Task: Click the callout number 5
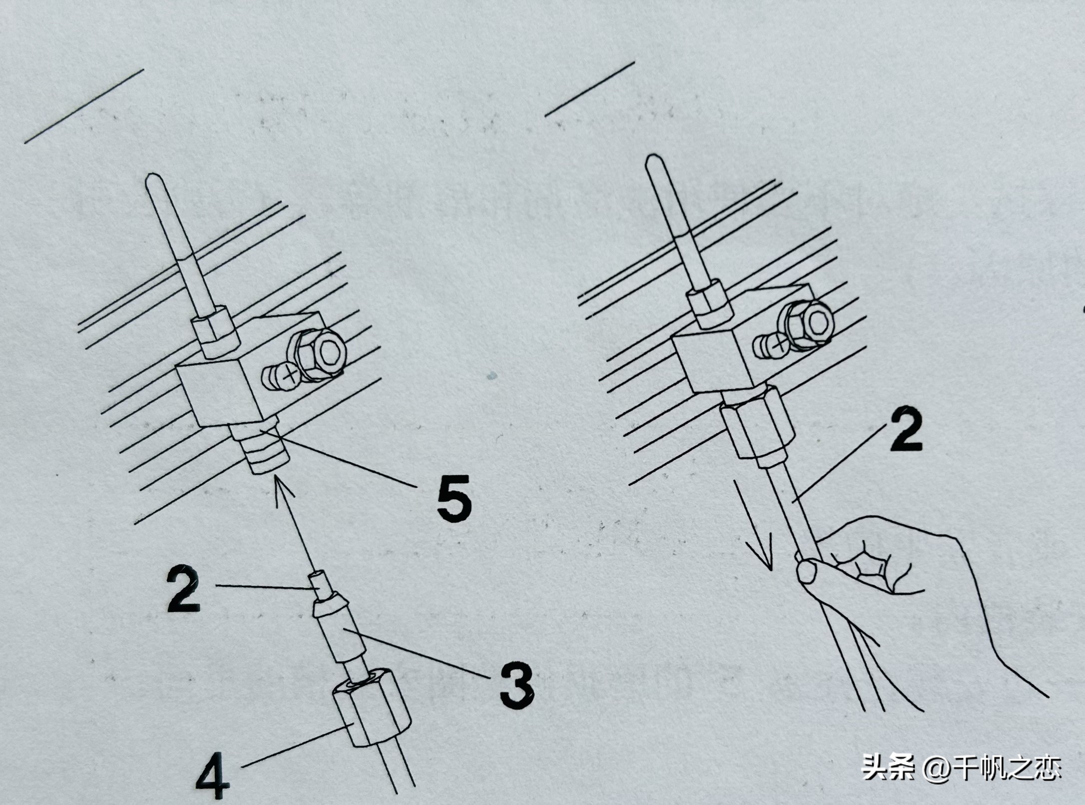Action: click(x=454, y=499)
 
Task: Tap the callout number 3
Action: click(x=518, y=685)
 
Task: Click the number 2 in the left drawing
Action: click(x=183, y=589)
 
